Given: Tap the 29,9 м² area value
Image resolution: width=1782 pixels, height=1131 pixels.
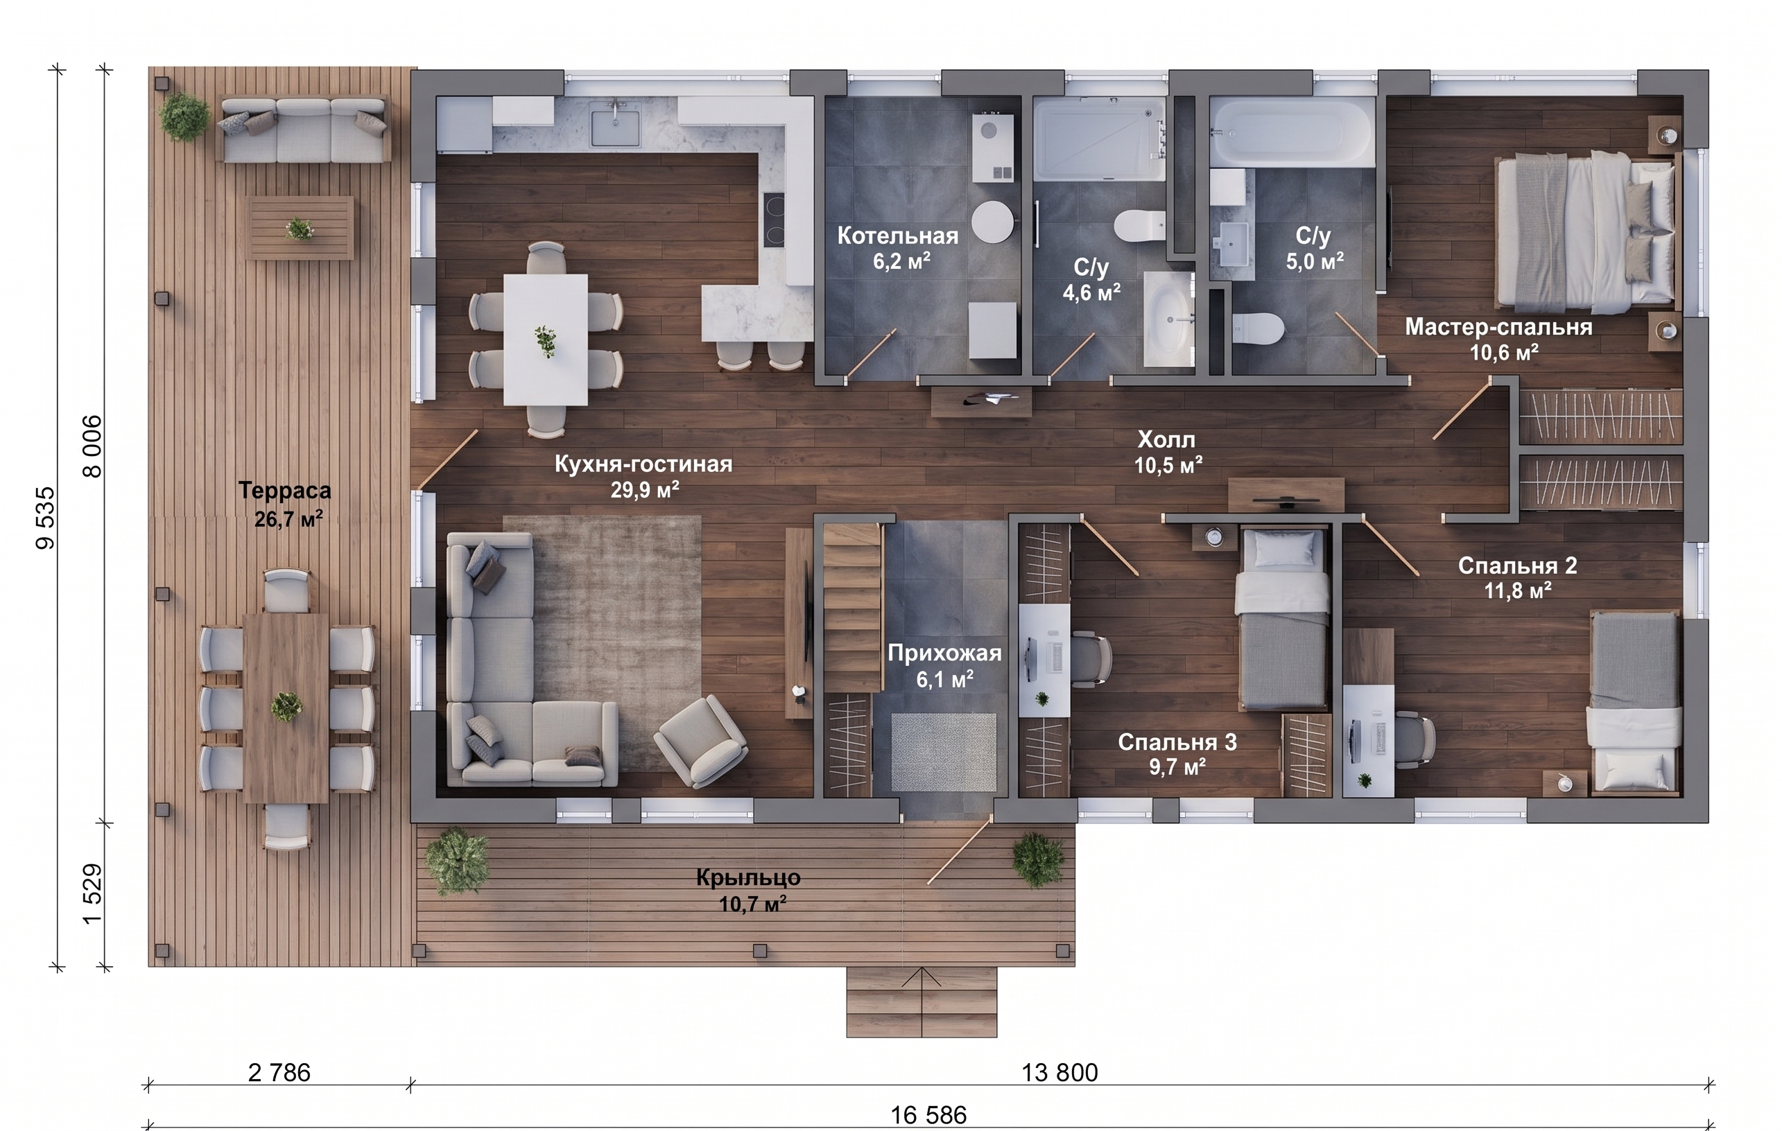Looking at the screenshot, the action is point(645,490).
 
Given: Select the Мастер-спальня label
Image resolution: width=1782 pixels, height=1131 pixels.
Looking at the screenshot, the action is point(1498,327).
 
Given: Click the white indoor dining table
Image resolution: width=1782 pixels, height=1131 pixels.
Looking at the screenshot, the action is point(546,340).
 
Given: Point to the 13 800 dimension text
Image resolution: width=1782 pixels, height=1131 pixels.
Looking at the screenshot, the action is point(1059,1073).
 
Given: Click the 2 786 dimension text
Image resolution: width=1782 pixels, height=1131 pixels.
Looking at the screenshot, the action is point(279,1073).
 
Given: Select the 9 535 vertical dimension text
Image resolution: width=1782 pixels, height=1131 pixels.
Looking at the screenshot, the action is point(45,518).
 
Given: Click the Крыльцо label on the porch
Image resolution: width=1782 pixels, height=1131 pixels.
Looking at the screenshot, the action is point(748,878).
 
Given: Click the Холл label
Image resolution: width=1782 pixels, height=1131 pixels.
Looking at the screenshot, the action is point(1166,440).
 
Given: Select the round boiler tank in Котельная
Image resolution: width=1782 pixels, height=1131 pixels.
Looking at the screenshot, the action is point(992,221).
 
